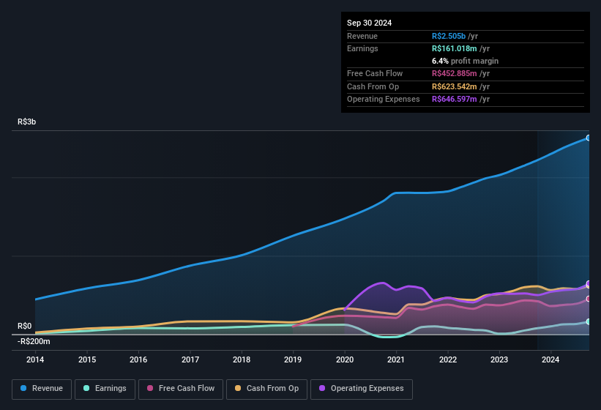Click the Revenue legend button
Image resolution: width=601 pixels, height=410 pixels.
tap(42, 389)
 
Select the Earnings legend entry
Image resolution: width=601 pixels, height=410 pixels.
tap(105, 389)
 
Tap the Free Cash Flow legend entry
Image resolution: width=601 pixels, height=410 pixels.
tap(180, 389)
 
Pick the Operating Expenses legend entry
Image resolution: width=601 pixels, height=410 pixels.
tap(362, 389)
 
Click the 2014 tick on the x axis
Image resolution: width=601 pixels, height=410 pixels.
tap(35, 359)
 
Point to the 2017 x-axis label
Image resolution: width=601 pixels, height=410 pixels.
tap(190, 359)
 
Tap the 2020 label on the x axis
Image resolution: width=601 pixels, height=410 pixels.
tap(345, 359)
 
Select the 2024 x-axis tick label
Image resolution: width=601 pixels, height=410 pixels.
tap(550, 359)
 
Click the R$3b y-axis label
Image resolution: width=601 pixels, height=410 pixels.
tap(27, 122)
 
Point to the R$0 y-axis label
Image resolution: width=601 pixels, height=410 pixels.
tap(25, 326)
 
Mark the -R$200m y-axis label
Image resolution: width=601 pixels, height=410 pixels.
tap(34, 341)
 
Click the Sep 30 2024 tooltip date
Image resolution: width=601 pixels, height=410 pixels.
tap(369, 23)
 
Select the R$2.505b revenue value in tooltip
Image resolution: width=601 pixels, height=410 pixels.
tap(455, 36)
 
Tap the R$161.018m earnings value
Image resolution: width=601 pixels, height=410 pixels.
tap(459, 48)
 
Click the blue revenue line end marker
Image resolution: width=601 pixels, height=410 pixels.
tap(589, 138)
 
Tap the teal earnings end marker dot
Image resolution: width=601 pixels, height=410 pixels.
tap(589, 321)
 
